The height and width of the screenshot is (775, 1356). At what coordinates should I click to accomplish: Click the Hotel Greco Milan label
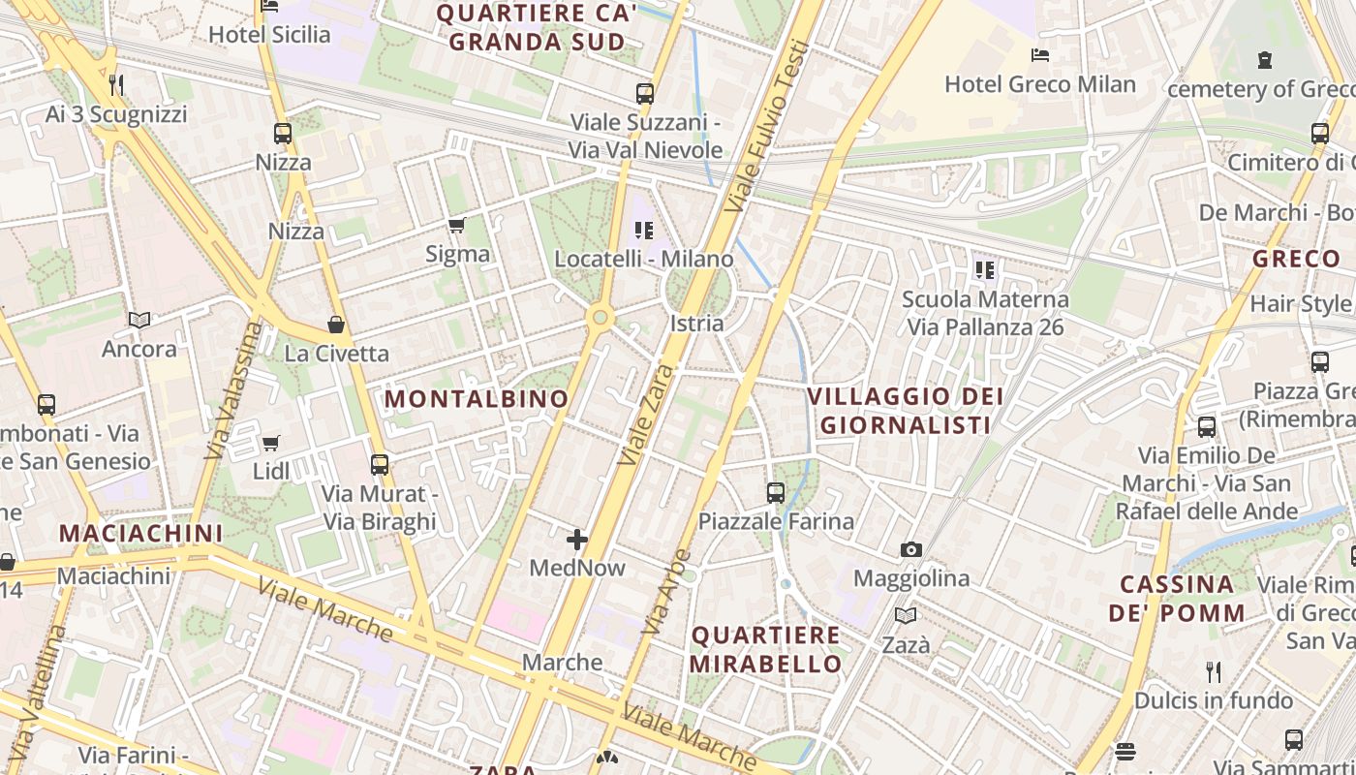coord(1039,84)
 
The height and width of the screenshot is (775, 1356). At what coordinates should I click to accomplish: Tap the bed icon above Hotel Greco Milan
coord(1040,55)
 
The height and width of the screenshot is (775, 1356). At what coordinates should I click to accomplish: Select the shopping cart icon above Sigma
coord(456,226)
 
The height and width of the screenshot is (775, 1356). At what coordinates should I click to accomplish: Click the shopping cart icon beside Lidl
coord(271,444)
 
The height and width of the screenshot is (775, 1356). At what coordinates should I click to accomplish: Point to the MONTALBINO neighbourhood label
coord(477,398)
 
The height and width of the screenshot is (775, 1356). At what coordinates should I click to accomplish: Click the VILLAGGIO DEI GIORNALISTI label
coord(905,411)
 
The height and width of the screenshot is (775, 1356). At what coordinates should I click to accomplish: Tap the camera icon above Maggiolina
coord(910,550)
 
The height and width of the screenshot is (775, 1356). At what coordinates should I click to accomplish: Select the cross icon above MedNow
coord(577,540)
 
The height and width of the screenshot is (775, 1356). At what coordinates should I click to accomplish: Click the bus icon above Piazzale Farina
coord(776,493)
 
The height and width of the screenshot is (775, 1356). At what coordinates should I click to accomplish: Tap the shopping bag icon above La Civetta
coord(336,325)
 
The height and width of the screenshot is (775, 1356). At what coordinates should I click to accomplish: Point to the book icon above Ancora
coord(139,320)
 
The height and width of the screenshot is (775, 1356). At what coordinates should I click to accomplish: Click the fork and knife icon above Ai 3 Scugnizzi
coord(116,85)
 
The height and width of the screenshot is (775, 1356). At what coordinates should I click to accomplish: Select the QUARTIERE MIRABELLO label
coord(765,649)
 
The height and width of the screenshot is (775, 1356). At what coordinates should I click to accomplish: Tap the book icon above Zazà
coord(906,615)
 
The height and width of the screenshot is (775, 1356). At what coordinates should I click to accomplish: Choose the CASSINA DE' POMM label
coord(1177,599)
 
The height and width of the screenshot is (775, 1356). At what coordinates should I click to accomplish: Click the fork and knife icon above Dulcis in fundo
coord(1213,671)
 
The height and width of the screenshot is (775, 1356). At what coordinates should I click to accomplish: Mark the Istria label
coord(696,323)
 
